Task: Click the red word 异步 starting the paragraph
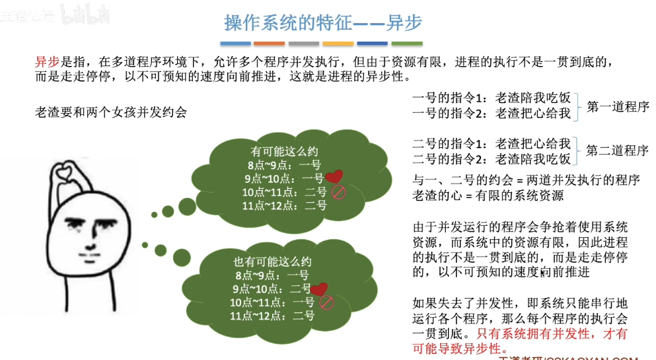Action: pos(48,63)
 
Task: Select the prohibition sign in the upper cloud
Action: pos(338,192)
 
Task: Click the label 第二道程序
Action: pos(618,151)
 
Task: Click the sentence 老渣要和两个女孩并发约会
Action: pos(111,112)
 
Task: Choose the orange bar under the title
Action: pos(269,44)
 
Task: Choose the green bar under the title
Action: pos(407,44)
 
